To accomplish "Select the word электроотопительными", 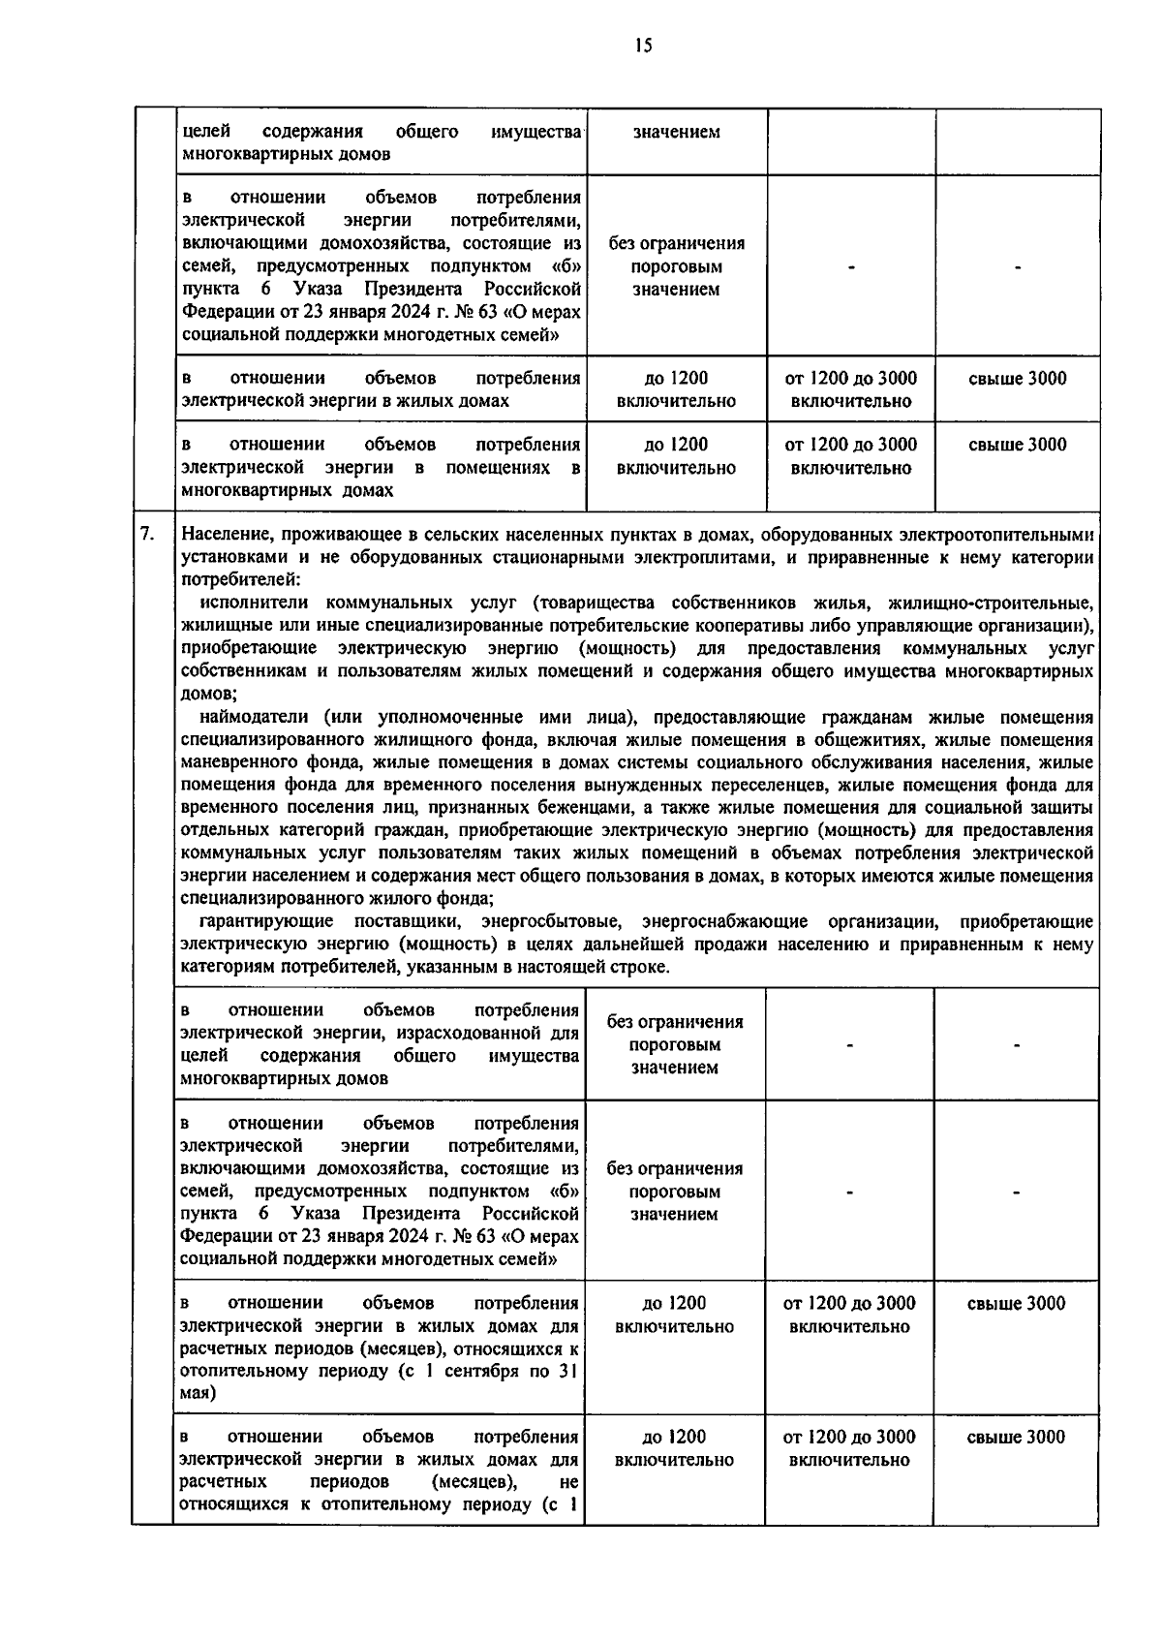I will [1012, 535].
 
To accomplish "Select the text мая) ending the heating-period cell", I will [199, 1394].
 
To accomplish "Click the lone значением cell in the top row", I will [676, 132].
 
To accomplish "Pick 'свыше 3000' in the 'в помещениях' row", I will [1017, 446].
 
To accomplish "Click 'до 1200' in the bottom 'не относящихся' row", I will [674, 1438].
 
